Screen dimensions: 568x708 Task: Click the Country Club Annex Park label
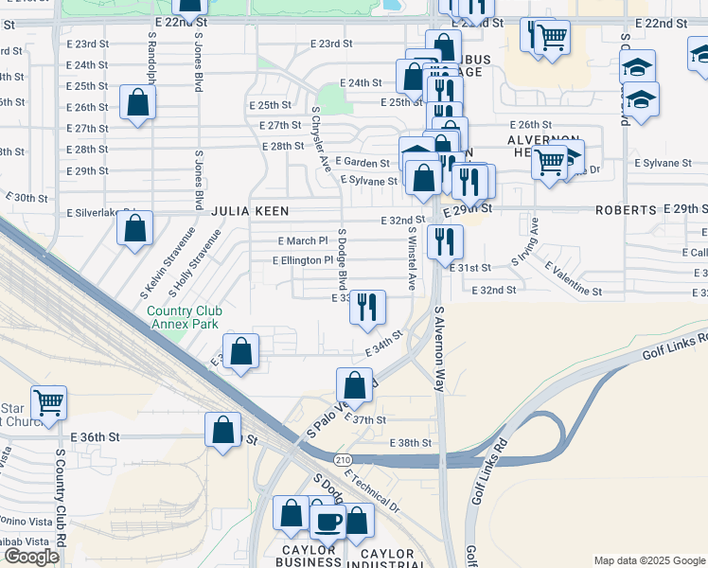click(x=184, y=317)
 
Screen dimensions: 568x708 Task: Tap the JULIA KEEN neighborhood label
click(x=249, y=210)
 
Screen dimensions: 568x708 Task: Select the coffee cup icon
click(x=328, y=521)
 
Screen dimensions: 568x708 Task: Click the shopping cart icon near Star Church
click(x=48, y=403)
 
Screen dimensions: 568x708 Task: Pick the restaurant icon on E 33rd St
click(x=367, y=308)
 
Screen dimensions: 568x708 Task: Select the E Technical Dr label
click(x=372, y=490)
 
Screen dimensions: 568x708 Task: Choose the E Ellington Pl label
click(x=303, y=260)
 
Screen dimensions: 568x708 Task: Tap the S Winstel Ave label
click(x=412, y=257)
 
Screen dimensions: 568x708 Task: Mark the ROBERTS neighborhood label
click(x=627, y=209)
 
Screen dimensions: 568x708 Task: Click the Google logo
click(x=31, y=557)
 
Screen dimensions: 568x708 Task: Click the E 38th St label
click(x=410, y=443)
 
